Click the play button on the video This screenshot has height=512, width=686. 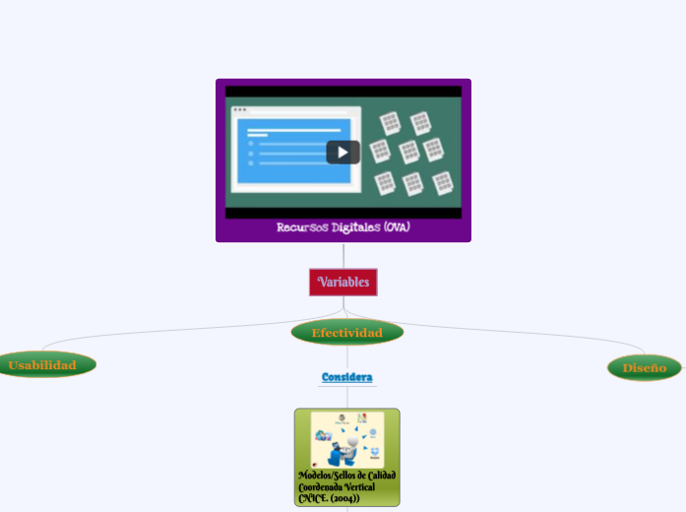click(x=343, y=152)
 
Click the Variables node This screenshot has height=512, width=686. click(x=343, y=283)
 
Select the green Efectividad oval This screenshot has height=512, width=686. click(x=346, y=333)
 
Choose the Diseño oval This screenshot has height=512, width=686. click(x=644, y=368)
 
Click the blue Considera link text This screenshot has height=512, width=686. click(x=346, y=377)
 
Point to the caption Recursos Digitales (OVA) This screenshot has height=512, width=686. click(x=343, y=227)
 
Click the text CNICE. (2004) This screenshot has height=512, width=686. click(x=329, y=498)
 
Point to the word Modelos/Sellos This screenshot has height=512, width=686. click(x=324, y=475)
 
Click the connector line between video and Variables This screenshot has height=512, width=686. click(x=343, y=255)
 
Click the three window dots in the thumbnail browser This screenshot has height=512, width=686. click(x=239, y=109)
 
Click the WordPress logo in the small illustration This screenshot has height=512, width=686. click(x=342, y=418)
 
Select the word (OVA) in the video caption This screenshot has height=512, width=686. click(x=398, y=227)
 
